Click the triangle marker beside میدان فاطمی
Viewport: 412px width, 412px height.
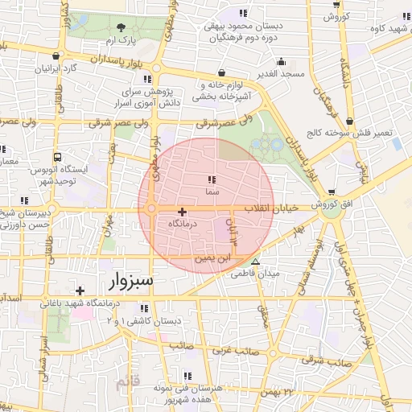tap(256, 262)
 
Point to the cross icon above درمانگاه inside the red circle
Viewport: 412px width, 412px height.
tap(182, 211)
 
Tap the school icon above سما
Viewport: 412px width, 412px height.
tap(211, 180)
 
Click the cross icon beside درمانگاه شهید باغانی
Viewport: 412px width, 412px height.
tap(80, 290)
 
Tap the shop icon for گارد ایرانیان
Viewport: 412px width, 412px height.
tap(55, 56)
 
